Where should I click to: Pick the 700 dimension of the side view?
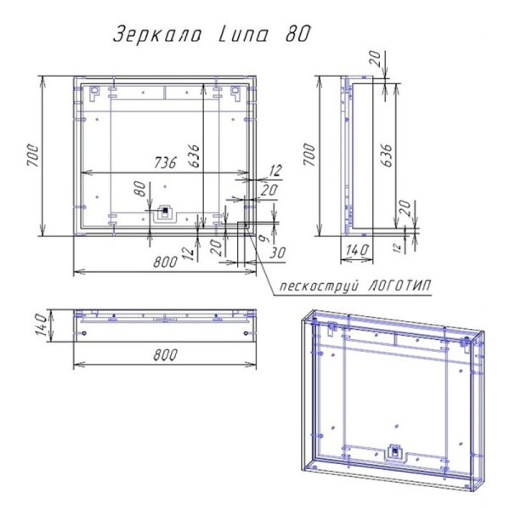point(309,155)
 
